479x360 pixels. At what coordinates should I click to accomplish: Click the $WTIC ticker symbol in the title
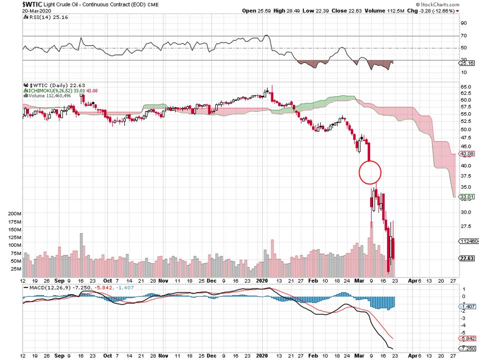coord(11,4)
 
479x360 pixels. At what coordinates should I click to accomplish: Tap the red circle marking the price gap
coord(370,172)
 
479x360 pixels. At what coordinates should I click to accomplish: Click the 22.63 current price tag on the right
coord(466,258)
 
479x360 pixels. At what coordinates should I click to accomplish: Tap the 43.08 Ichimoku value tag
coord(466,154)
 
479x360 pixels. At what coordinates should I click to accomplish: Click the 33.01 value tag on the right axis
coord(466,197)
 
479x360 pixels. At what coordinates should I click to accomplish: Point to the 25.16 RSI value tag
coord(466,63)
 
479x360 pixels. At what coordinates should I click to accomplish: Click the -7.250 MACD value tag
coord(466,348)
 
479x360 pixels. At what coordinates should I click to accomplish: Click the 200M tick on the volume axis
coord(15,213)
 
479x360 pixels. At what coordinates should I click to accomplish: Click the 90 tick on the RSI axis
coord(463,23)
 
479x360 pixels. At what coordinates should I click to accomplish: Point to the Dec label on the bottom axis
coord(211,281)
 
